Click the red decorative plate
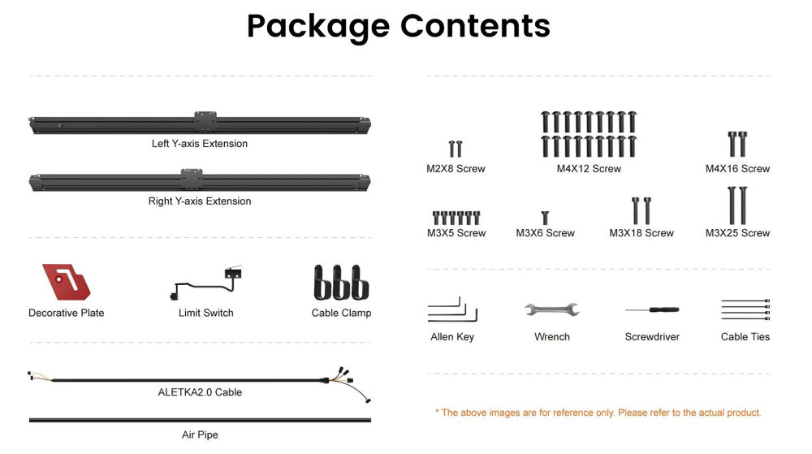click(66, 282)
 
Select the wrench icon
click(552, 309)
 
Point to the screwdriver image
click(652, 309)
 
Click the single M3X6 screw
click(545, 218)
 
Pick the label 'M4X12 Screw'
click(589, 169)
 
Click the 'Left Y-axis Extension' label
click(200, 144)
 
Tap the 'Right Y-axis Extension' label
click(200, 201)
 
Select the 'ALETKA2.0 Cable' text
click(200, 392)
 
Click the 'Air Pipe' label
click(200, 435)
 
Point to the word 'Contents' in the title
click(475, 26)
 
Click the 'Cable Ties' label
click(745, 336)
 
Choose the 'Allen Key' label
click(452, 337)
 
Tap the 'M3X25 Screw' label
click(737, 233)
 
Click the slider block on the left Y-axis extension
click(205, 122)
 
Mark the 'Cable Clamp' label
click(341, 313)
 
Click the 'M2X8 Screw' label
click(456, 169)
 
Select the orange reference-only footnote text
click(598, 413)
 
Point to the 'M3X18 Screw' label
click(641, 233)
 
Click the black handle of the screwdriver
click(664, 309)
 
